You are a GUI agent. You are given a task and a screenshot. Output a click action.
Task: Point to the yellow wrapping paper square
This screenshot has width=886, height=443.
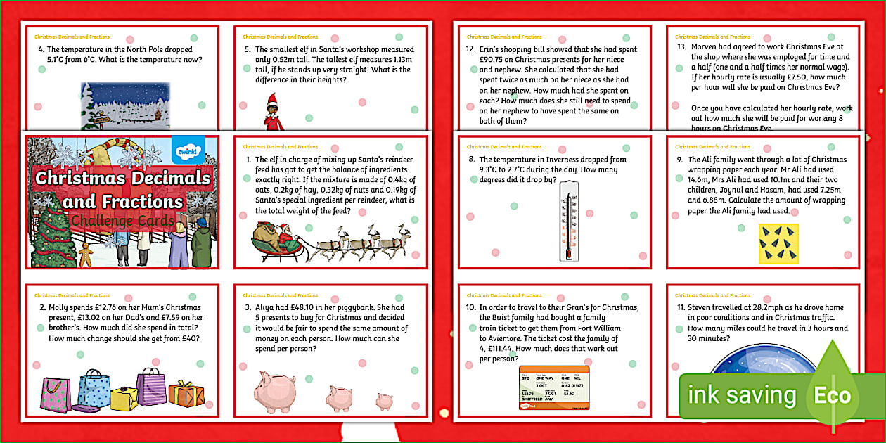click(778, 243)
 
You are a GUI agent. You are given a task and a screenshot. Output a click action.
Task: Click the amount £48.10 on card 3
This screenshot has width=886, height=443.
click(300, 307)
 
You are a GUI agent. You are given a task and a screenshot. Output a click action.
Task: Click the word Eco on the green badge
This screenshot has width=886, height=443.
click(833, 395)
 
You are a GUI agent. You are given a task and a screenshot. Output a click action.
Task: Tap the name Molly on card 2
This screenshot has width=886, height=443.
click(59, 307)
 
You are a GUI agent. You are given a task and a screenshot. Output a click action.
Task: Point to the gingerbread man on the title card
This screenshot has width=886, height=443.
click(86, 255)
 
